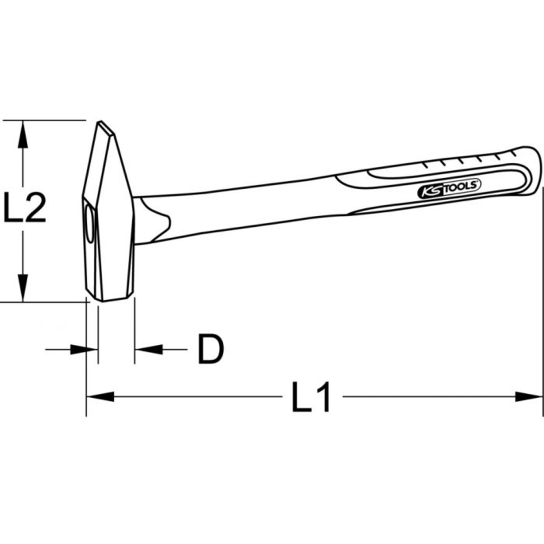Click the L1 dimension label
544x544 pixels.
click(x=311, y=398)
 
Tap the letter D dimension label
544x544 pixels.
click(x=210, y=349)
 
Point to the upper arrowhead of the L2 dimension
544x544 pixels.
click(x=22, y=133)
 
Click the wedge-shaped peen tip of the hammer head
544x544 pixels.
click(x=106, y=128)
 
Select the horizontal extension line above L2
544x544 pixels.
click(x=44, y=119)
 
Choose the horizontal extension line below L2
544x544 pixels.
click(x=44, y=302)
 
